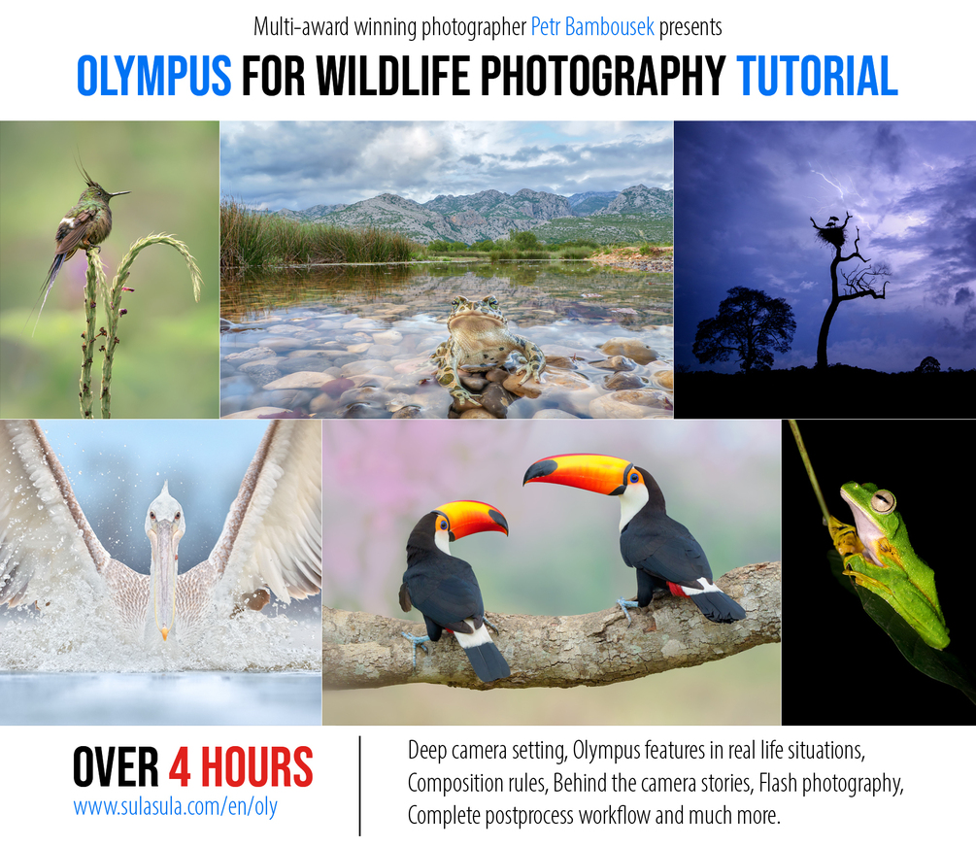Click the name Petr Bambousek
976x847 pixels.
point(592,27)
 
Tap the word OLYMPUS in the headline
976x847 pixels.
point(153,77)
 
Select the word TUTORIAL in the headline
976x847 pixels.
point(817,77)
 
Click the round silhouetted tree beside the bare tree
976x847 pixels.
point(743,326)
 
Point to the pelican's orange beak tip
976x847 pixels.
point(163,633)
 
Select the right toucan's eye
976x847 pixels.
point(634,477)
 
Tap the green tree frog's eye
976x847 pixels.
point(882,501)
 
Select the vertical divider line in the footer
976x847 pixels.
point(360,786)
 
